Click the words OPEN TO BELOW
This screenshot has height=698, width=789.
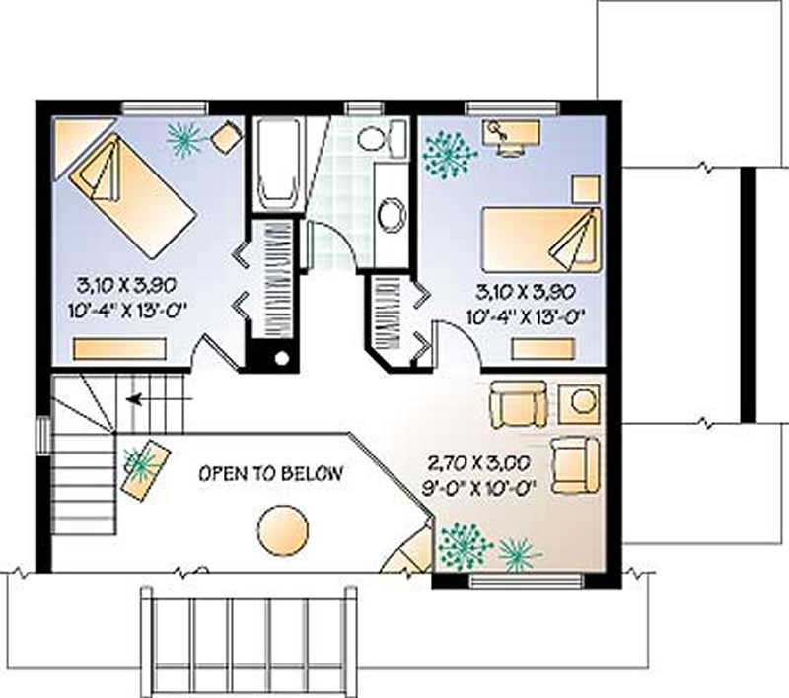point(271,473)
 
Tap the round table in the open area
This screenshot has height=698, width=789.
point(283,530)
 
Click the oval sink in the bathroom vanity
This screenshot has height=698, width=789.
point(392,212)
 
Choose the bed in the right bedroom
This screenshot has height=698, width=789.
point(539,238)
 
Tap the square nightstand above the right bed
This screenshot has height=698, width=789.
point(587,187)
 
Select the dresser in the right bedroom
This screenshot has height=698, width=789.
point(543,348)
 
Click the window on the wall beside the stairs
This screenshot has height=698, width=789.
point(42,435)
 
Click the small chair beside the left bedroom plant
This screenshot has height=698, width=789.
point(227,137)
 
